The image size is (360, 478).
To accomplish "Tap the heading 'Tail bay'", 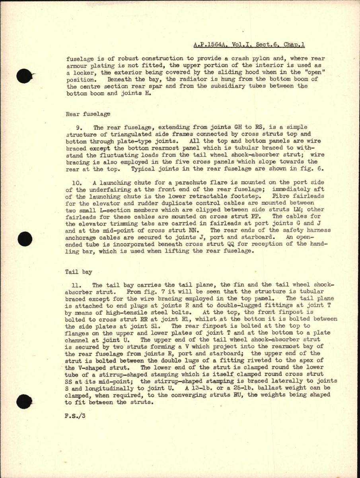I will click(79, 272).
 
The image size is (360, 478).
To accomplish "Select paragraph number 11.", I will click(81, 286).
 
